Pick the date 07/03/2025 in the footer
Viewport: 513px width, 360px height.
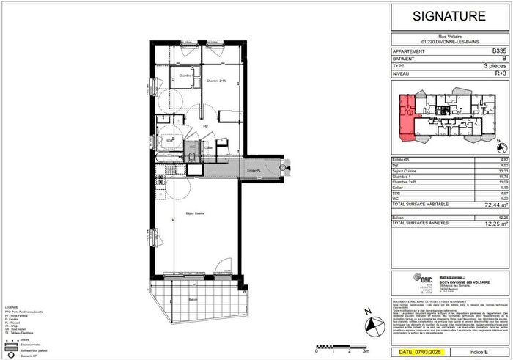click(426, 353)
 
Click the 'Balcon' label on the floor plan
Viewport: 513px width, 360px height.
click(191, 300)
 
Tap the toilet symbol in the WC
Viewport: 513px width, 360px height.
click(191, 156)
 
